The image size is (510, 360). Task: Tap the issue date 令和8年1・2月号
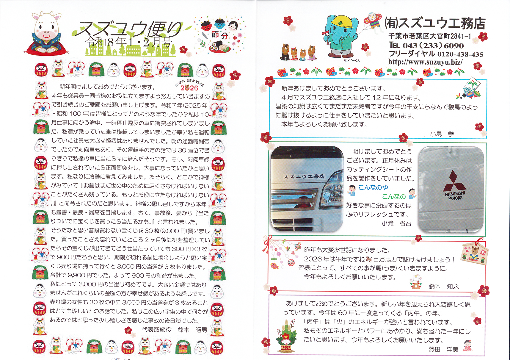[x=129, y=42]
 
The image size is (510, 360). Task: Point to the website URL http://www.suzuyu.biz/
[x=425, y=62]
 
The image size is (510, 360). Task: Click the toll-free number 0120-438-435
[x=459, y=54]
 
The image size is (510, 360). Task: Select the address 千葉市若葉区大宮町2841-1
[x=430, y=36]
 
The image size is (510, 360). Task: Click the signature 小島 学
[x=442, y=134]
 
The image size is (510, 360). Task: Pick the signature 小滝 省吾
[x=396, y=223]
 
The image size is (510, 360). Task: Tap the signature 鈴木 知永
[x=444, y=286]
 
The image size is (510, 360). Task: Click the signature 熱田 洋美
[x=443, y=349]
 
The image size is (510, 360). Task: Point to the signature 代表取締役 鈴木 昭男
[x=174, y=330]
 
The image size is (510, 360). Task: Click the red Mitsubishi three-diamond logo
[x=454, y=181]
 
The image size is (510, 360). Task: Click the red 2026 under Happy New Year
[x=189, y=88]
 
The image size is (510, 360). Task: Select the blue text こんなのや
[x=373, y=187]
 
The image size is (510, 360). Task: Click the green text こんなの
[x=394, y=196]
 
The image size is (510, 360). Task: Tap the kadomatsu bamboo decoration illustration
[x=286, y=336]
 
